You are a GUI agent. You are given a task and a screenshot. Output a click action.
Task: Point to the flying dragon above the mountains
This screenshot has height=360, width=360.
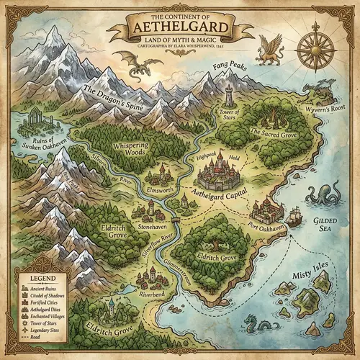[x=142, y=67]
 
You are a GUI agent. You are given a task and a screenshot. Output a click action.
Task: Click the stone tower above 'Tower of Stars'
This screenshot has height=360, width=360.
[x=229, y=97]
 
